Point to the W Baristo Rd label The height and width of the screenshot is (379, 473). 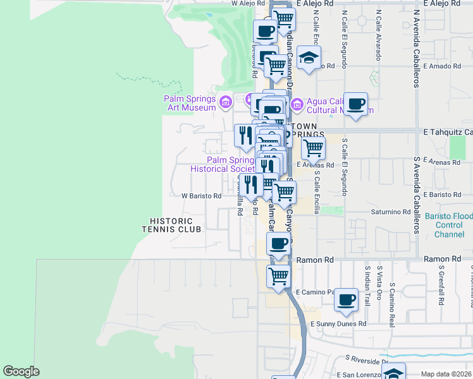[202, 196]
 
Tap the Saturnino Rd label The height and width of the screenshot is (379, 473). [391, 212]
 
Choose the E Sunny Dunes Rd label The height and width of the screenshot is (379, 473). [338, 323]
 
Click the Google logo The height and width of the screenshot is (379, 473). [21, 371]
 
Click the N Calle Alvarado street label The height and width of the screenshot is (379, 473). [379, 35]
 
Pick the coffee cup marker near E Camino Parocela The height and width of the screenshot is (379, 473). [346, 299]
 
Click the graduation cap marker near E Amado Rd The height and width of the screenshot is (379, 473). [308, 59]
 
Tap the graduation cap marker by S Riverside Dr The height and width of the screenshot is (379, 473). [393, 373]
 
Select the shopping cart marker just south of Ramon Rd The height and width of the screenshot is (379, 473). [278, 276]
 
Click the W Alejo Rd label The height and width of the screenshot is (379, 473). [252, 4]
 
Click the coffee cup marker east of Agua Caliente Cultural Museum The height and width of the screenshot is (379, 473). [356, 104]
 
